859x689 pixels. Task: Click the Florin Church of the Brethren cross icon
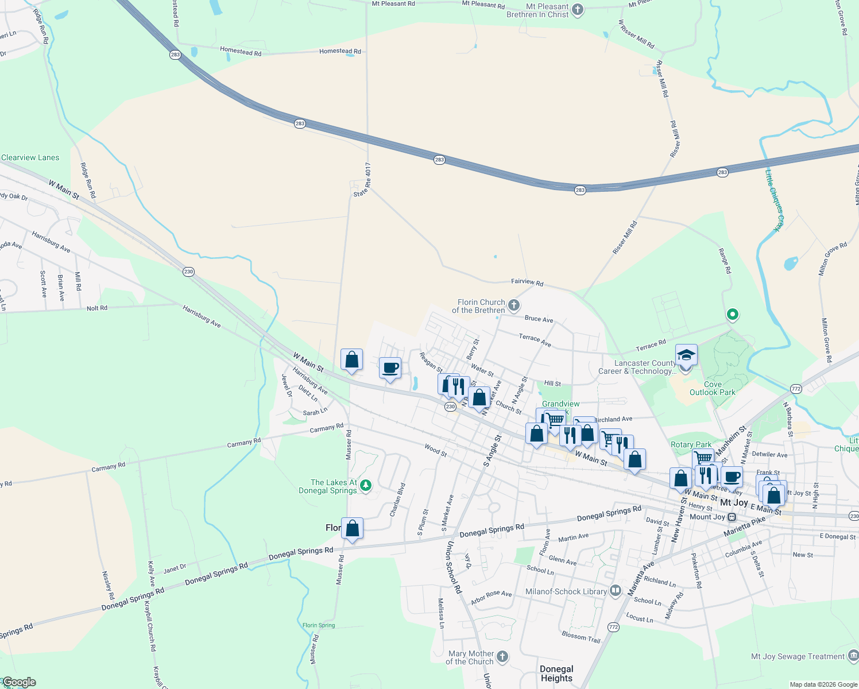pos(514,305)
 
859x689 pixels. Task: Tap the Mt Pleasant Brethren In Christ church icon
pos(578,10)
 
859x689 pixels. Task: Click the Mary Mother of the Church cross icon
pos(502,657)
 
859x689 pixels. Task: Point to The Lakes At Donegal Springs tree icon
pos(366,486)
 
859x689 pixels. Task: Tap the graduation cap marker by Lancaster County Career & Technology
pos(686,355)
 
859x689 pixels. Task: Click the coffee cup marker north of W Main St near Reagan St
pos(390,368)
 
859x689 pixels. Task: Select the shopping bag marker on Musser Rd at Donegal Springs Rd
pos(352,528)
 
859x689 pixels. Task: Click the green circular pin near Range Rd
pos(732,314)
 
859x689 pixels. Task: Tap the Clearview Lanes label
pos(30,157)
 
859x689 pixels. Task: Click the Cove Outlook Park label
pos(712,389)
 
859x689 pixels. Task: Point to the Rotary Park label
pos(691,444)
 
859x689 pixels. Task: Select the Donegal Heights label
pos(556,673)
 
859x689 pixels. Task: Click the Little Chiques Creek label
pos(774,200)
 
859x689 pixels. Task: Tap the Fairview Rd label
pos(527,282)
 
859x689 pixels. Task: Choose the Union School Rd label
pos(454,567)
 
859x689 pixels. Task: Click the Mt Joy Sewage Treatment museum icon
pos(853,656)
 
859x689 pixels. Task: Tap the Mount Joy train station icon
pos(732,517)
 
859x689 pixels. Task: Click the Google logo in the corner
pos(19,682)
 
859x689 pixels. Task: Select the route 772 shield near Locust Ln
pos(613,627)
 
